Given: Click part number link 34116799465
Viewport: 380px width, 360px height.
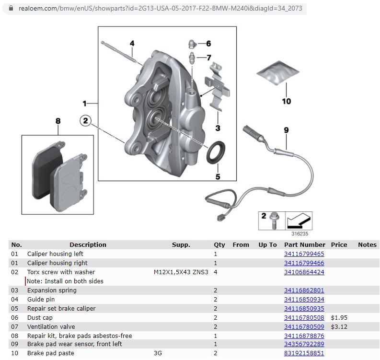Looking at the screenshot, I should tap(304, 254).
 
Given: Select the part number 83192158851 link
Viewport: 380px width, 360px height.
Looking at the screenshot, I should tap(304, 353).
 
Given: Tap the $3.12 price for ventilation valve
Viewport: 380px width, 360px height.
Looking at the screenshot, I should tap(339, 327).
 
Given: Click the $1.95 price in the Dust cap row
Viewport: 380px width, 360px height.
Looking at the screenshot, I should tap(339, 318).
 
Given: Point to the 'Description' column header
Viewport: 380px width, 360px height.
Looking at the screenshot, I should tap(88, 244).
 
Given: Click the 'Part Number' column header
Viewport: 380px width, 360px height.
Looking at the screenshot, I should tap(304, 244).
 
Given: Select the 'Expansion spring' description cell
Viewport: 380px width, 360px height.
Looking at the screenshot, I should tap(52, 290).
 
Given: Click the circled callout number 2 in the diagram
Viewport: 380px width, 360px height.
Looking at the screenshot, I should tap(86, 121).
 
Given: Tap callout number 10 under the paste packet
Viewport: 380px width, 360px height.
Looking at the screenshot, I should tap(286, 101).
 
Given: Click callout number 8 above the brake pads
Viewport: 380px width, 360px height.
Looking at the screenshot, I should tap(58, 121).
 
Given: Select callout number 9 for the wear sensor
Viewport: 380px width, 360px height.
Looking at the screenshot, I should tap(286, 130).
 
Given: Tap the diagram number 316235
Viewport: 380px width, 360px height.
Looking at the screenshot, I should tap(299, 235).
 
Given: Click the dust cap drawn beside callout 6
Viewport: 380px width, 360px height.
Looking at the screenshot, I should tap(191, 44).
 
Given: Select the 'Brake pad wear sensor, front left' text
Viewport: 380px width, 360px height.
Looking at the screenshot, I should tap(75, 344).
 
